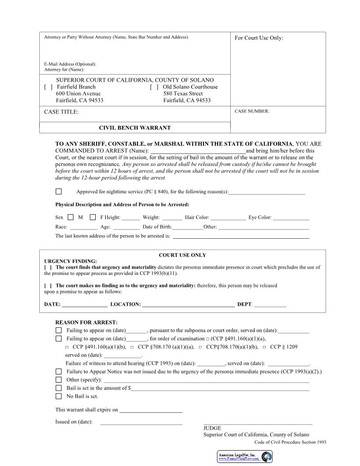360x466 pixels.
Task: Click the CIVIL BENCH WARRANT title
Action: [x=135, y=128]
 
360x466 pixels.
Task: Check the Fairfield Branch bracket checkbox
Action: [x=49, y=87]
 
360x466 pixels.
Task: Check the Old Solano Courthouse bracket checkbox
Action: [x=154, y=87]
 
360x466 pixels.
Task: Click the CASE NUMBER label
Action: [x=251, y=111]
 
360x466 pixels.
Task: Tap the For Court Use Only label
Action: [x=259, y=38]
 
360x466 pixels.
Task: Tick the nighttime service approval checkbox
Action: [x=59, y=192]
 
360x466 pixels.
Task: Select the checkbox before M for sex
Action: [x=71, y=217]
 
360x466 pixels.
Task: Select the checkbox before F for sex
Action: [x=93, y=217]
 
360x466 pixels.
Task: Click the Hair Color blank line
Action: [x=228, y=218]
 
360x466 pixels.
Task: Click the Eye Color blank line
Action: [x=291, y=218]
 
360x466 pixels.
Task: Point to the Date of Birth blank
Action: [x=187, y=228]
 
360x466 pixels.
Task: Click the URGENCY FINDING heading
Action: [x=71, y=261]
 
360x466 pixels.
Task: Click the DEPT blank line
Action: [x=270, y=305]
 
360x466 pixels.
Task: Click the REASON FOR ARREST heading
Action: [x=86, y=323]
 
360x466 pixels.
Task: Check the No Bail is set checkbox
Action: [x=59, y=396]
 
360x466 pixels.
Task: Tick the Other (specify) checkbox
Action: [x=59, y=380]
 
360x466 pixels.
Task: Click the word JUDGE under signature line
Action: [x=212, y=428]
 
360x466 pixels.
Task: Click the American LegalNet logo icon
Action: [x=266, y=457]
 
